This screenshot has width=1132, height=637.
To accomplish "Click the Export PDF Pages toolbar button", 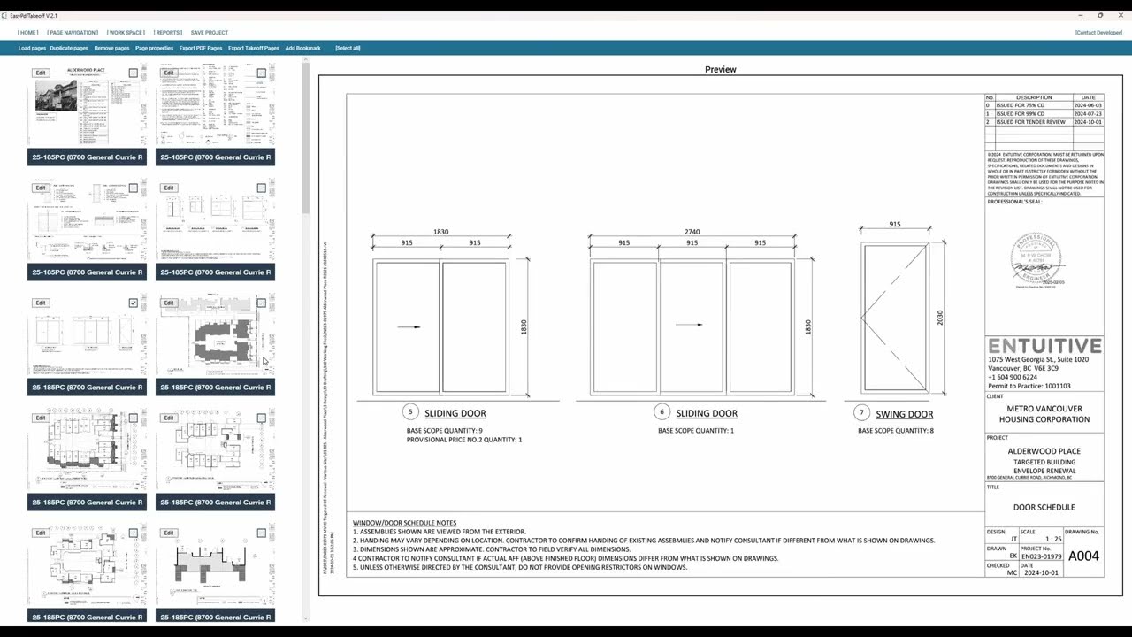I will [201, 48].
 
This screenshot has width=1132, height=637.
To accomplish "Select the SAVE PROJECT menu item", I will [209, 33].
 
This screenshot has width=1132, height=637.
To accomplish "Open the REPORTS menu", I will [168, 33].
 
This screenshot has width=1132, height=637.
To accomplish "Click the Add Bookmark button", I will [302, 48].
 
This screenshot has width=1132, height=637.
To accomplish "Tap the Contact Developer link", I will [1098, 33].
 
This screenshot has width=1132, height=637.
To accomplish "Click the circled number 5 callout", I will [410, 412].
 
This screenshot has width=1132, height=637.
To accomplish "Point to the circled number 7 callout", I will [862, 413].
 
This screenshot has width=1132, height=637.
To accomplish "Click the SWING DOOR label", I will [904, 414].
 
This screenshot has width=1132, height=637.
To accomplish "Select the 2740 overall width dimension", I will [692, 232].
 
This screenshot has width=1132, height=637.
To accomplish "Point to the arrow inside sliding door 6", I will [689, 325].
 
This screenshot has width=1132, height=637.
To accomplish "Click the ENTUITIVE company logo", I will [1044, 346].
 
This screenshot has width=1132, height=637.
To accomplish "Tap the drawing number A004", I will [1083, 556].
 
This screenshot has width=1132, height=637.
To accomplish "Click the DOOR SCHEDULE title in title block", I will [1044, 507].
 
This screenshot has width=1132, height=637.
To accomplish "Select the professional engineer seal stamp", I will [1036, 260].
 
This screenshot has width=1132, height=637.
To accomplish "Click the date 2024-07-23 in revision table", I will [1088, 114].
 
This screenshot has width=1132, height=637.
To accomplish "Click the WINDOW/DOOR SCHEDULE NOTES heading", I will [404, 523].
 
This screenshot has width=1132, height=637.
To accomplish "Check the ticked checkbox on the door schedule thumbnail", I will [134, 303].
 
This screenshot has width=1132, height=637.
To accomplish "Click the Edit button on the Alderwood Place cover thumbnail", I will [41, 73].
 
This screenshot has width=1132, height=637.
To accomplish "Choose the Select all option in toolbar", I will [348, 48].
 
